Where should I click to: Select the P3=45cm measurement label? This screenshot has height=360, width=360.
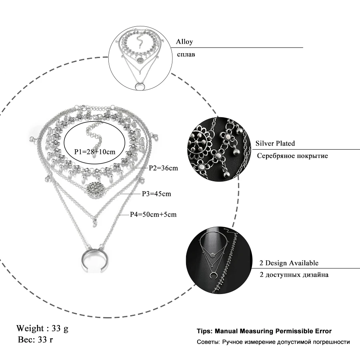point(156,194)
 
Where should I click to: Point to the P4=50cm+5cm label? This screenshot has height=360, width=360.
point(153,214)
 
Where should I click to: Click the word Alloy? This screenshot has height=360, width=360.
point(184,42)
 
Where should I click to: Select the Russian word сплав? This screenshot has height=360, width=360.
point(186,54)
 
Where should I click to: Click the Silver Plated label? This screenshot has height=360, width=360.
point(275,143)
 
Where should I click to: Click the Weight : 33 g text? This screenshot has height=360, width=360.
point(42,329)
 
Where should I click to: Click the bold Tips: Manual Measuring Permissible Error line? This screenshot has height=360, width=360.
point(264,331)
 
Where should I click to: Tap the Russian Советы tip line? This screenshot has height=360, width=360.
point(273,342)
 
